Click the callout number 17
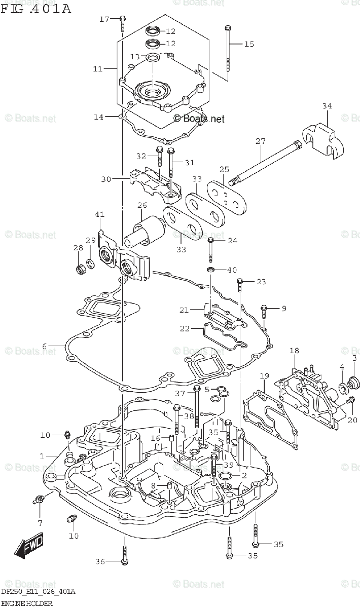[x=104, y=19]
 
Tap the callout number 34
[x=327, y=106]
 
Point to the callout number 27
[x=260, y=141]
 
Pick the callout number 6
[x=45, y=346]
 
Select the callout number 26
[x=142, y=206]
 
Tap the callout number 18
[x=295, y=351]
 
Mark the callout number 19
[x=264, y=376]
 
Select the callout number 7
[x=40, y=522]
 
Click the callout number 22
[x=184, y=329]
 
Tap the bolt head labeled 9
[x=264, y=308]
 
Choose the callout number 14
[x=98, y=117]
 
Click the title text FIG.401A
[x=35, y=9]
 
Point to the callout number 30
[x=105, y=179]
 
